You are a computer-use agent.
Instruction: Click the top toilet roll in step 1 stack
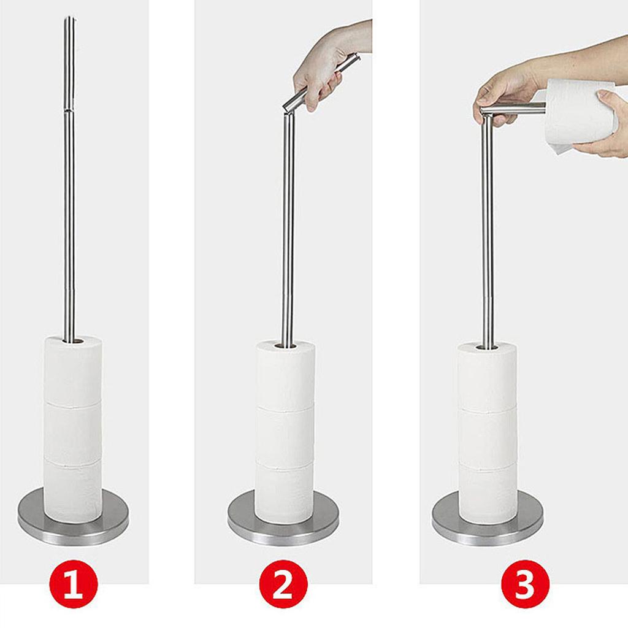coord(73,371)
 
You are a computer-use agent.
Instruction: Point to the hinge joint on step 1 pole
coord(69,109)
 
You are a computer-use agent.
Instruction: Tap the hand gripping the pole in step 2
coord(319,74)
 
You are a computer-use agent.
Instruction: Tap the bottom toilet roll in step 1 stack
coord(73,491)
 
